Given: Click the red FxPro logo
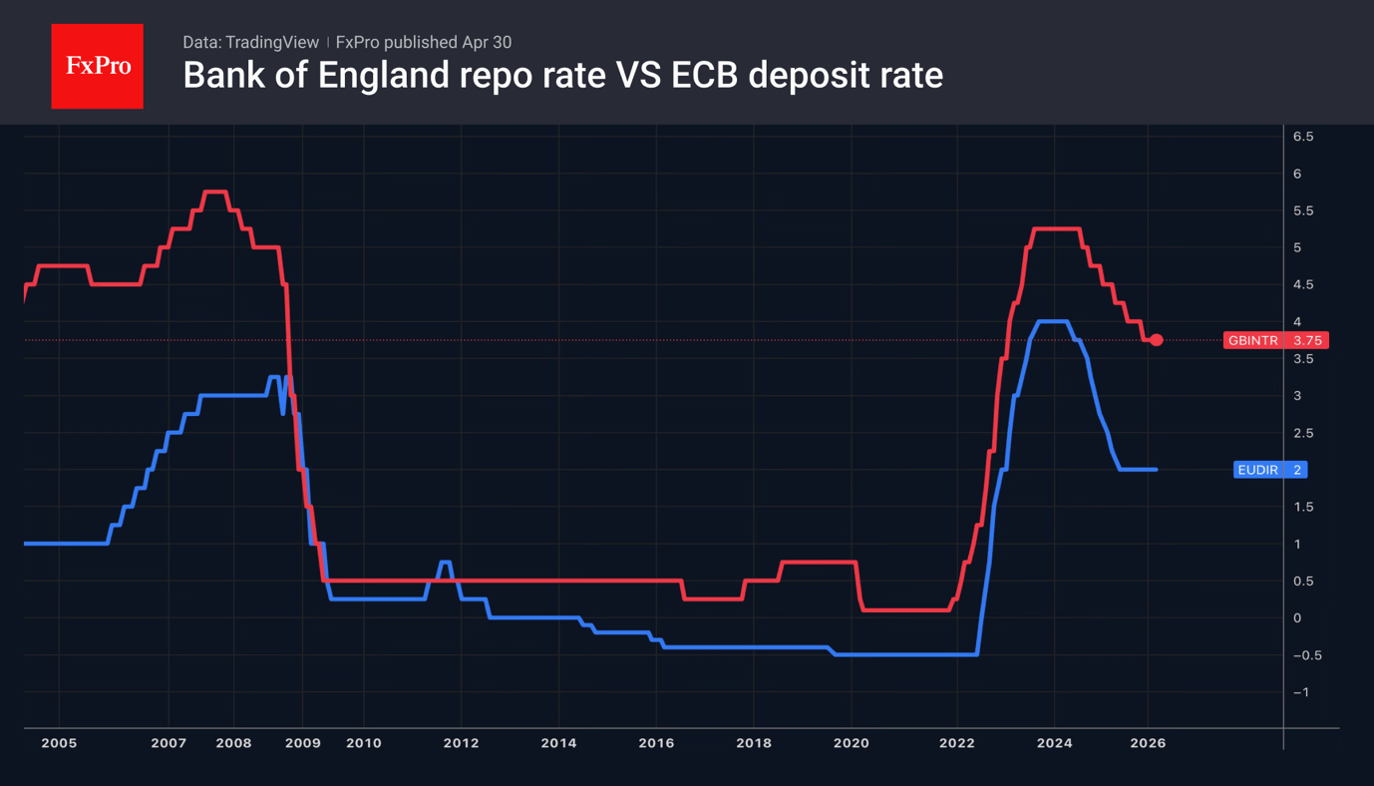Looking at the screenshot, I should click(x=98, y=66).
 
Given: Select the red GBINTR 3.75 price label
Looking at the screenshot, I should click(x=1275, y=341).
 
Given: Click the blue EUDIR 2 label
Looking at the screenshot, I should click(x=1269, y=470).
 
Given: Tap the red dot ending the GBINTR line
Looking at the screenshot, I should click(x=1157, y=340).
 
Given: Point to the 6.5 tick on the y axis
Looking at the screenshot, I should click(x=1302, y=137).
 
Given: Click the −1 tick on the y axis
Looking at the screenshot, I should click(x=1300, y=692).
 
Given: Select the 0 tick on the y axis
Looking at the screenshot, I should click(x=1297, y=618).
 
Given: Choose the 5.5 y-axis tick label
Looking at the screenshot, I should click(x=1302, y=211).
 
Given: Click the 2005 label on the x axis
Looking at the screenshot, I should click(x=59, y=743).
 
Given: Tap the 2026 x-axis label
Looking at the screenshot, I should click(x=1148, y=743).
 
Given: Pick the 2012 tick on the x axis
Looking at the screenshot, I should click(x=461, y=743).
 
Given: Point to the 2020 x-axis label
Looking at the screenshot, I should click(x=851, y=743).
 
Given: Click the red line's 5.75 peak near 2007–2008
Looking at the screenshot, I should click(x=215, y=192).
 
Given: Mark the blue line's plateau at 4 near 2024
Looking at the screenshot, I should click(x=1053, y=321).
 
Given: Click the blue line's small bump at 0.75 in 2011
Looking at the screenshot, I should click(x=445, y=563).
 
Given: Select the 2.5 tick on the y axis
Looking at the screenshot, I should click(x=1302, y=433).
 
